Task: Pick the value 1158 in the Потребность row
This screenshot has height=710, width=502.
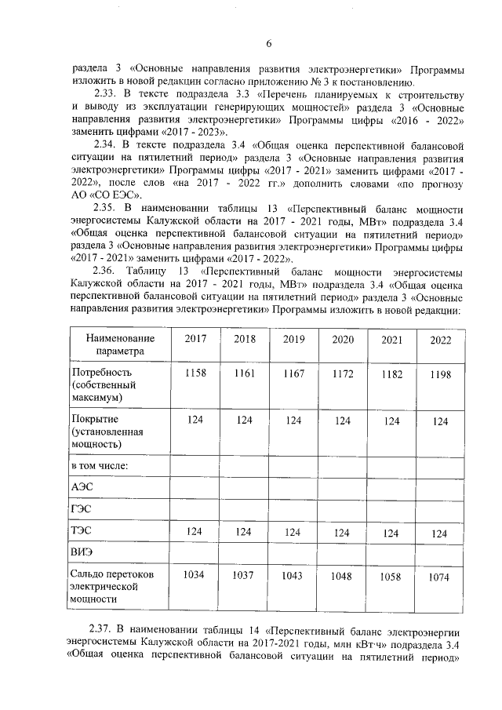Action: coord(195,373)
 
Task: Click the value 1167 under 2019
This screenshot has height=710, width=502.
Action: coord(293,373)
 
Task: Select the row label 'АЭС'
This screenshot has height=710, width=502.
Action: coord(82,486)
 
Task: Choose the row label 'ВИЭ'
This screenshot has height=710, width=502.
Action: coord(82,552)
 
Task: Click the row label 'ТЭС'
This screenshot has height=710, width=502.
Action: coord(82,531)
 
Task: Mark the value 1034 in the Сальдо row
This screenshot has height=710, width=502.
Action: coord(195,575)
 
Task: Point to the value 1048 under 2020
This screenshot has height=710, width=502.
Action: coord(343,576)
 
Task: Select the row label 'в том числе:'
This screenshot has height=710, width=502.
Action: coord(100,465)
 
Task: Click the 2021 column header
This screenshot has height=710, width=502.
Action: coord(392,340)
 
